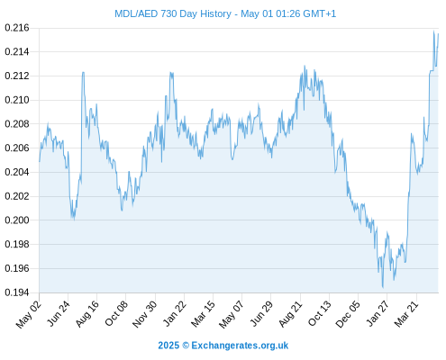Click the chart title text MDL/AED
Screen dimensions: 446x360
point(136,13)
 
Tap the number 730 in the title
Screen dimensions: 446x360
point(168,13)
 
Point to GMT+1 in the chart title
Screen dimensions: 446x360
point(320,13)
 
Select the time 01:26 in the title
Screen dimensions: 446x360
point(287,13)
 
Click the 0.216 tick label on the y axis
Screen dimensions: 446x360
point(17,28)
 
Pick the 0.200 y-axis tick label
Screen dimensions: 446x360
point(17,220)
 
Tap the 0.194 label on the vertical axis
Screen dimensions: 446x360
point(17,292)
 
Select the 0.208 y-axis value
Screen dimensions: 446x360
point(17,124)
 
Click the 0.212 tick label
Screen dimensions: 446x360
point(17,76)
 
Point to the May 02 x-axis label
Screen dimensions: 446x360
point(29,314)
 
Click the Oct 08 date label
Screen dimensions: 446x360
point(116,313)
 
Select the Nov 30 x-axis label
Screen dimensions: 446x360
point(144,314)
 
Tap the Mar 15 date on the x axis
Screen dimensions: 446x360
point(203,313)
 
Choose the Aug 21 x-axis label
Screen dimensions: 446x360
point(290,313)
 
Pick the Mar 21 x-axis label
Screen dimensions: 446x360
point(406,313)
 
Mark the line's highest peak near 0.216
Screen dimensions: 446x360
point(433,31)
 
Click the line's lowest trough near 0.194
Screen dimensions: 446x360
point(383,288)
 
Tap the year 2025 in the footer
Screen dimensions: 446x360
point(168,346)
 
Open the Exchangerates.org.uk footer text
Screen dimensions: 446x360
point(240,346)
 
